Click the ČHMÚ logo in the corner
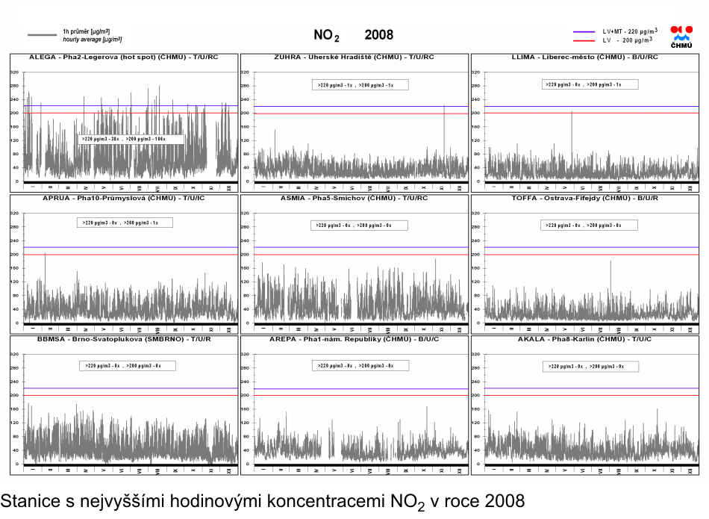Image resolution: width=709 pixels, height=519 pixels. [x=681, y=37]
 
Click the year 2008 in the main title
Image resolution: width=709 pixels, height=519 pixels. [x=378, y=35]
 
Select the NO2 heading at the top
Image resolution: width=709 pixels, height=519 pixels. [x=325, y=36]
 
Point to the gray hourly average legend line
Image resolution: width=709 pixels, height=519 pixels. [x=43, y=34]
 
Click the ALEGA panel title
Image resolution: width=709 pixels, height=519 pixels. [x=124, y=57]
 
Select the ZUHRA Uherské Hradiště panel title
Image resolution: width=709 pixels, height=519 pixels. [x=354, y=57]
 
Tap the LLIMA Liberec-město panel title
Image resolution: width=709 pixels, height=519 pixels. [x=584, y=57]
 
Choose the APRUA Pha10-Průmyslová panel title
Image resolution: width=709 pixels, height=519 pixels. [x=124, y=198]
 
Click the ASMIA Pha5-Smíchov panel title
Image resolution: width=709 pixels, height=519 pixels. [x=354, y=198]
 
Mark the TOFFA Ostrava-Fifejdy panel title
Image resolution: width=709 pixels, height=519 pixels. [x=584, y=198]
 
